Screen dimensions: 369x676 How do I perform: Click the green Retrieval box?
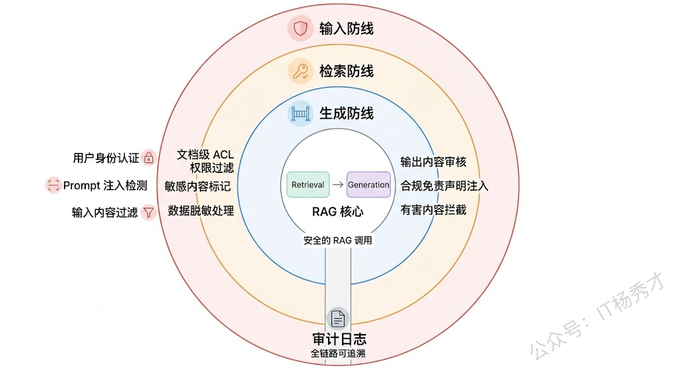tap(308, 185)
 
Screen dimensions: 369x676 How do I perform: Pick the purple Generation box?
tap(368, 185)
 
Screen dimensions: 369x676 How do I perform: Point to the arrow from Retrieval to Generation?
tap(337, 185)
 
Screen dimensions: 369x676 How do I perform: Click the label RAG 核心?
tap(338, 213)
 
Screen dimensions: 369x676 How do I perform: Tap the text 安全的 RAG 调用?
tap(338, 240)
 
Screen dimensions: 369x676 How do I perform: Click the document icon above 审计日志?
tap(338, 319)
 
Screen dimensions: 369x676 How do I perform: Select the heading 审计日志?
tap(338, 339)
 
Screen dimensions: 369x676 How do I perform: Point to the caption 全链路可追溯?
tap(338, 354)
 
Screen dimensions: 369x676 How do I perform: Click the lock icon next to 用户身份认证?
tap(149, 158)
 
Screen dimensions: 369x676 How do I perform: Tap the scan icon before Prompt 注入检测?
tap(53, 185)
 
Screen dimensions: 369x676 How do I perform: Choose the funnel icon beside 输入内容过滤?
tap(149, 213)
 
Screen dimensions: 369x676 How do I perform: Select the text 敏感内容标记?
tap(198, 185)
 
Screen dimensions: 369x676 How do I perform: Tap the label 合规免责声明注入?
tap(444, 185)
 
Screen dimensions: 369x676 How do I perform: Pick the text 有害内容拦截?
tap(434, 210)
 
